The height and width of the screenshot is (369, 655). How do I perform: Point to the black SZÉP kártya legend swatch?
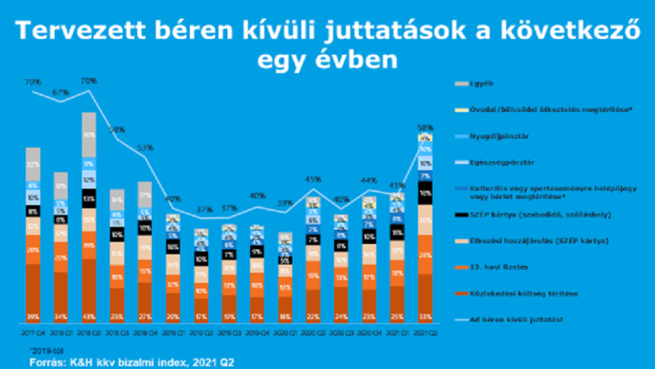tap(464, 214)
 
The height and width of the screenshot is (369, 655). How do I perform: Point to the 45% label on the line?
tap(312, 180)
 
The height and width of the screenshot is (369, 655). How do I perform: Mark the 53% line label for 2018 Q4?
tap(145, 148)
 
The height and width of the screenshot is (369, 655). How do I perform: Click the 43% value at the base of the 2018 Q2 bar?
tap(88, 314)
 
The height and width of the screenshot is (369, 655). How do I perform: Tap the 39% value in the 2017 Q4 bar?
tap(34, 314)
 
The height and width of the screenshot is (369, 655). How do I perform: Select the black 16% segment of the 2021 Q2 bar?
tap(425, 192)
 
